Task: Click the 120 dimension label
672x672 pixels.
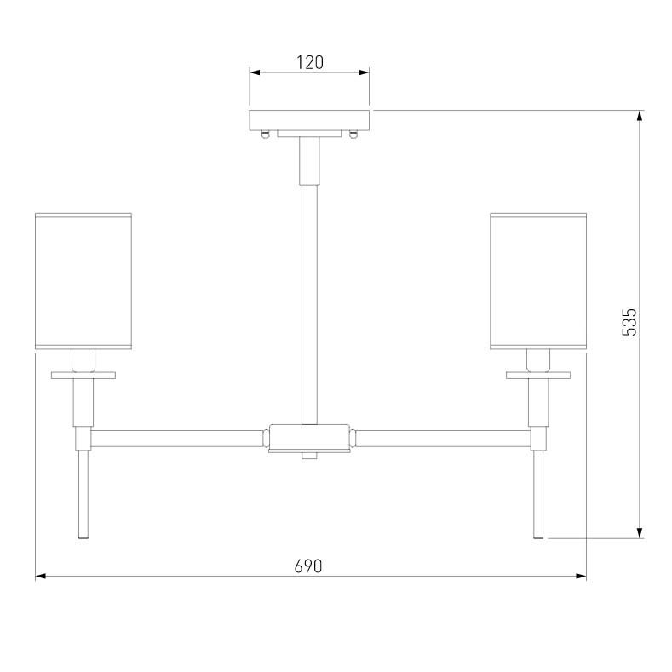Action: coord(310,62)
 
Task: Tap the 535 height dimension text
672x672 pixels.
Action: coord(629,322)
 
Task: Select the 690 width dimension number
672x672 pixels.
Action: coord(307,566)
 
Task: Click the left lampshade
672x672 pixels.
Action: coord(83,281)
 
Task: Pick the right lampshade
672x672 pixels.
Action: coord(538,281)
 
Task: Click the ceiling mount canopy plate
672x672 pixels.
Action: coord(309,120)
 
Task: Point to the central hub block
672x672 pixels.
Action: coord(309,437)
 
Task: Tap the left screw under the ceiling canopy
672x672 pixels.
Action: coord(266,135)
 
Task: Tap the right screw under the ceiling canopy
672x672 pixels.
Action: coord(353,135)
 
